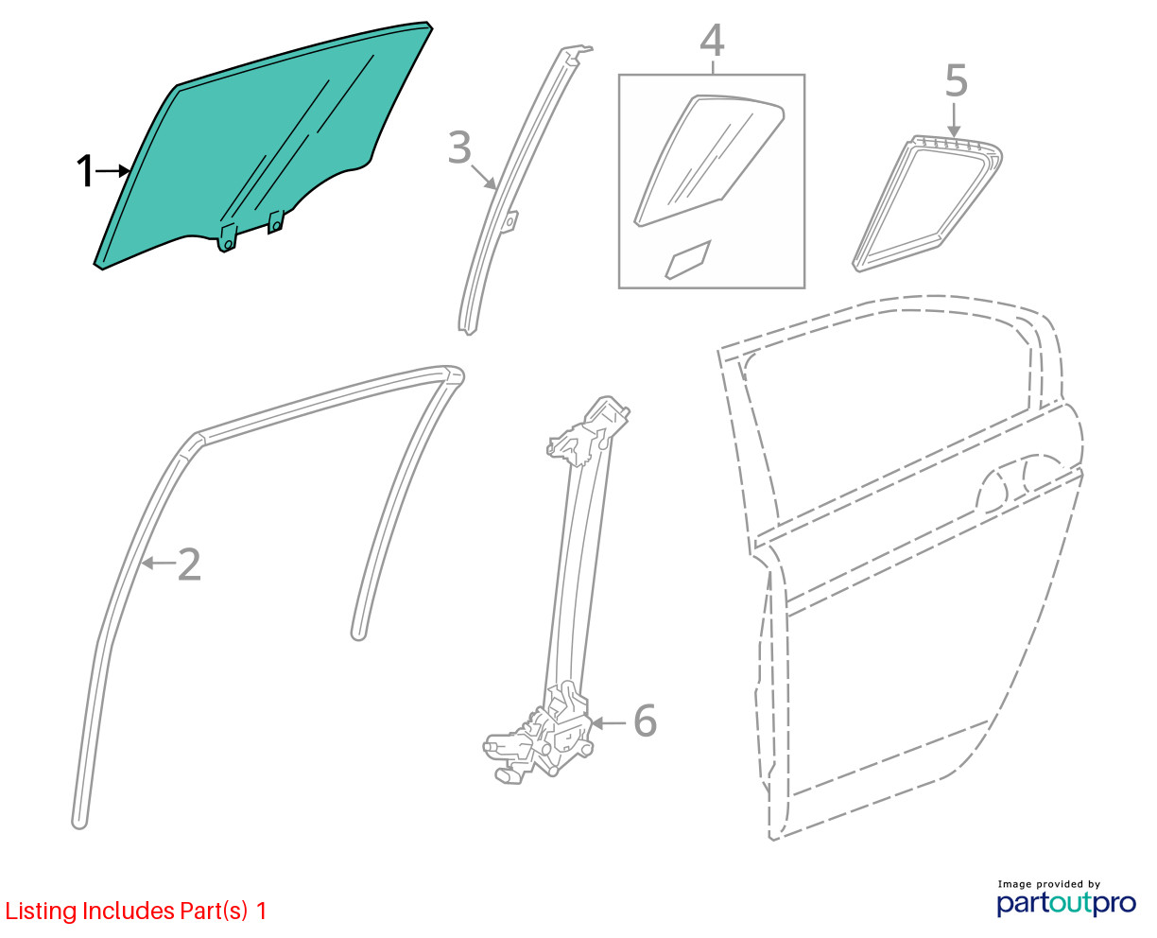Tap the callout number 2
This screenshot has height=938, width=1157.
(189, 565)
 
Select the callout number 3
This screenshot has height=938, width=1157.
(459, 148)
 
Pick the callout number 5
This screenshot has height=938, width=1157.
(956, 80)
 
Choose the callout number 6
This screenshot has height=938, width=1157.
(646, 721)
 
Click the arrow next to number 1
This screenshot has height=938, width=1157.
(113, 171)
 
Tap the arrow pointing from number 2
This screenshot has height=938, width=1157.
(159, 563)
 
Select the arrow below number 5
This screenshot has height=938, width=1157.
(954, 119)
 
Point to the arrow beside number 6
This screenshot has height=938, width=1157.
(609, 723)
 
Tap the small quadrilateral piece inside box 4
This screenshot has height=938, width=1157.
(688, 260)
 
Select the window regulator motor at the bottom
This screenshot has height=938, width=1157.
(538, 743)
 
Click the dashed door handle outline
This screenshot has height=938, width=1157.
(1019, 478)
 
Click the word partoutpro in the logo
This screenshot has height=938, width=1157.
(1065, 903)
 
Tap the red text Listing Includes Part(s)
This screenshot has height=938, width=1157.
(127, 912)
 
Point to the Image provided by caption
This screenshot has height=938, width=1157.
(1048, 884)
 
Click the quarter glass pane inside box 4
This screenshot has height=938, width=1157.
(709, 161)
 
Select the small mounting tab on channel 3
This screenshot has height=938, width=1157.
(510, 222)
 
